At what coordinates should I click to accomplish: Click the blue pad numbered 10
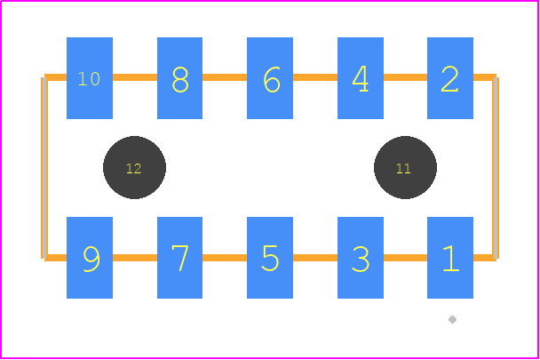[90, 78]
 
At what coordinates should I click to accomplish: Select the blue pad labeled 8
[179, 78]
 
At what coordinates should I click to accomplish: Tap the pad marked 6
[270, 78]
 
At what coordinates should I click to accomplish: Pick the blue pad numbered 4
[361, 78]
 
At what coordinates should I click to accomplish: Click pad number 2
[450, 78]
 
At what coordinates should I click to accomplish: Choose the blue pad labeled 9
[90, 258]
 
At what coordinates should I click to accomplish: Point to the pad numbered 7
[179, 258]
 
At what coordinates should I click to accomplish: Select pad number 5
[270, 258]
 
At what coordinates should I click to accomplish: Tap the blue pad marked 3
[361, 258]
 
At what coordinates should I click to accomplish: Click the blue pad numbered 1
[450, 258]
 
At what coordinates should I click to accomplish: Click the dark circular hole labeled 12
[134, 168]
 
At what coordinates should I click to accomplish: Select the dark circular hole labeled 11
[405, 168]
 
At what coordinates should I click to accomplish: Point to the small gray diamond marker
[453, 320]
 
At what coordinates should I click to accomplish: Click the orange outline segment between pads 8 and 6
[225, 77]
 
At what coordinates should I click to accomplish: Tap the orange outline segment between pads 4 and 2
[405, 77]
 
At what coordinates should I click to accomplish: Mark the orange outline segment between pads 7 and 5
[225, 258]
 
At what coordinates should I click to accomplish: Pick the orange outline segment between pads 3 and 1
[405, 258]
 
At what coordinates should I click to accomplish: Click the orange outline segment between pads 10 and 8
[135, 77]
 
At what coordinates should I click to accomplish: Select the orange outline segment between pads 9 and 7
[135, 258]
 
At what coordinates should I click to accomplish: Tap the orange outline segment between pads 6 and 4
[315, 77]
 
